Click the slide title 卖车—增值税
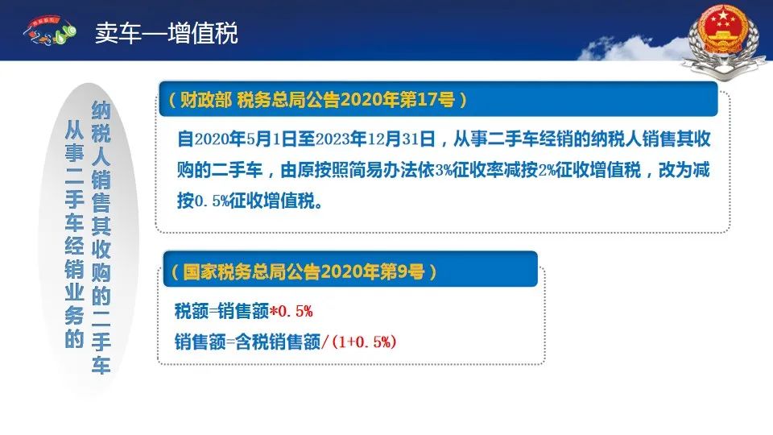(167, 34)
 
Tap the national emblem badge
(724, 39)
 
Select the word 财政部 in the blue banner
(205, 100)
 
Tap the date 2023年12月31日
(375, 139)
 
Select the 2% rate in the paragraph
(546, 170)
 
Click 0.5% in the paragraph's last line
(212, 201)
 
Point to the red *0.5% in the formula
(291, 311)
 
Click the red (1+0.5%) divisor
(364, 342)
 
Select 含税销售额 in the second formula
(278, 342)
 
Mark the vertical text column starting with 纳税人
(101, 238)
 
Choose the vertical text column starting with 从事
(74, 234)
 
